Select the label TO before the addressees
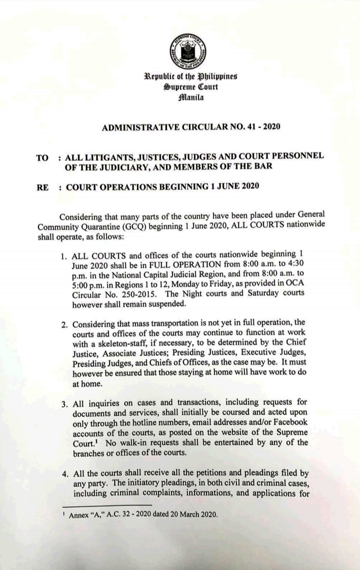coord(42,157)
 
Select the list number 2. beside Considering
coord(63,325)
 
